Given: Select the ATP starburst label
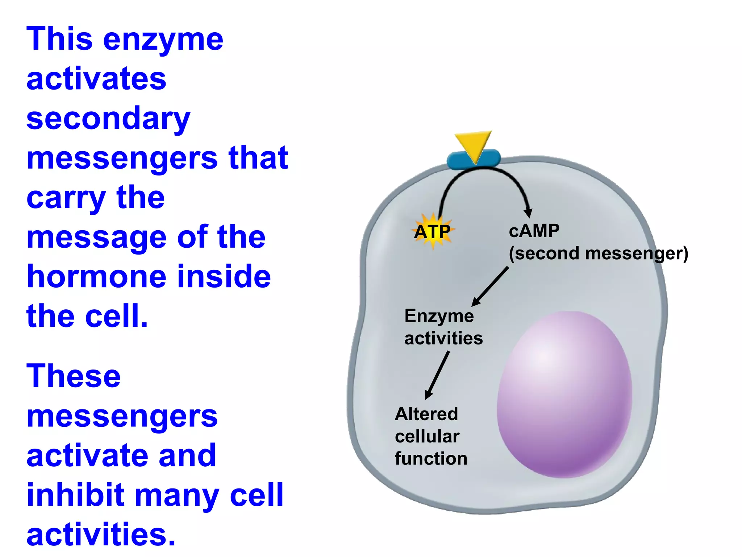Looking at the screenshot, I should click(x=433, y=232).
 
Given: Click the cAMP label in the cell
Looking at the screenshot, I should click(x=534, y=231).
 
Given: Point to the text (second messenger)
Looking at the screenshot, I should click(x=598, y=253).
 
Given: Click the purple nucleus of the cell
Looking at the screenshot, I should click(x=564, y=394).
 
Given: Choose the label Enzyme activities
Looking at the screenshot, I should click(x=443, y=327).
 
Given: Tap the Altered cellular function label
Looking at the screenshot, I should click(x=430, y=436).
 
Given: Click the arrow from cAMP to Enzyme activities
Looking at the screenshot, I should click(x=490, y=286).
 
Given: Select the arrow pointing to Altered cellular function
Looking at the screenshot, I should click(x=437, y=375).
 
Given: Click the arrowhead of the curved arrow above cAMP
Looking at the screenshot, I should click(x=528, y=213).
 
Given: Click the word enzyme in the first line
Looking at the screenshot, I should click(x=163, y=40).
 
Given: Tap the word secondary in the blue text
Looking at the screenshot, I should click(x=108, y=119).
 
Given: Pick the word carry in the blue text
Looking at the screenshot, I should click(x=66, y=198).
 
